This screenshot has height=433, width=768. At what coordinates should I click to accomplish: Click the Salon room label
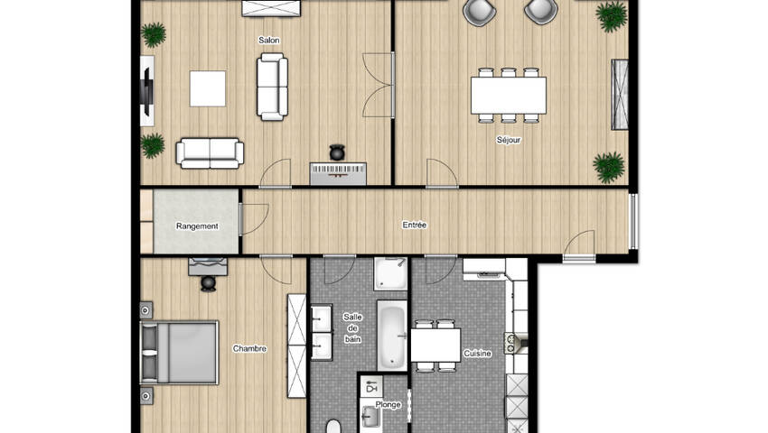point(269,40)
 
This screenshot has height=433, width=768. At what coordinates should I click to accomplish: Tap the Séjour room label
point(509,140)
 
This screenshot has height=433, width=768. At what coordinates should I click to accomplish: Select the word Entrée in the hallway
point(415,225)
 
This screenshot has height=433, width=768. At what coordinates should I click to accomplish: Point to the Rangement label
point(197,226)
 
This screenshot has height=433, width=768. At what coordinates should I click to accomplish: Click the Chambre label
point(249,348)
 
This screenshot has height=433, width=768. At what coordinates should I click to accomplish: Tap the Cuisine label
point(478,354)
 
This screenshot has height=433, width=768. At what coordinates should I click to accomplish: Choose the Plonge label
point(388,405)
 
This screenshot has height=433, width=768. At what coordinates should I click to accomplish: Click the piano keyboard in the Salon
point(338,174)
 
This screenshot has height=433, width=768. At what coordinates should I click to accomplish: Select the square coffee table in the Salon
point(208,88)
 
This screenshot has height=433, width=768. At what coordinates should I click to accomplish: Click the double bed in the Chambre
point(179,353)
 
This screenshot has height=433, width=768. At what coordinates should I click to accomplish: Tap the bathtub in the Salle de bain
point(392,336)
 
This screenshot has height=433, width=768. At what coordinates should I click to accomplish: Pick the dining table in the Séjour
point(509,95)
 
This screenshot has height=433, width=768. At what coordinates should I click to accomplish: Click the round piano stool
point(337,152)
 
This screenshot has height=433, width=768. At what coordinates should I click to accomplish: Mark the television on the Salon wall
point(147,91)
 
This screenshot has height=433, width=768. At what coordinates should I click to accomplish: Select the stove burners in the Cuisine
point(510,343)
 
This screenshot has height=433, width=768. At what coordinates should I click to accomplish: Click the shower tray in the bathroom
point(391,274)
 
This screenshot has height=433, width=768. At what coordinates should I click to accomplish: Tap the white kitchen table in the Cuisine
point(436,345)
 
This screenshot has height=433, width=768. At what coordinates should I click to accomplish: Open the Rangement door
point(255,218)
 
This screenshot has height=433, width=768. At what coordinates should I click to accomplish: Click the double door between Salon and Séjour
point(378,85)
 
